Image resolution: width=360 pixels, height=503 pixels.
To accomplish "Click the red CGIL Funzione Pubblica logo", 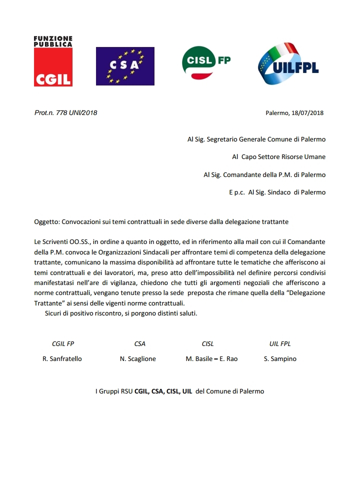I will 53,61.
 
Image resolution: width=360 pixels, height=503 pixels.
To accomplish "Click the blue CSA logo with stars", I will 125,66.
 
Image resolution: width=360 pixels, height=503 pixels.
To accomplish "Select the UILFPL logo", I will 288,64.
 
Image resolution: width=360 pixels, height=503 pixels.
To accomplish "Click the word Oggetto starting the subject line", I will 46,221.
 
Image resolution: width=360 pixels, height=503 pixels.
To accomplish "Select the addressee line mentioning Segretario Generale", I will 256,139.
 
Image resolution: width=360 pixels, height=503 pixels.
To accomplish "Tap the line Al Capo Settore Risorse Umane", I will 278,157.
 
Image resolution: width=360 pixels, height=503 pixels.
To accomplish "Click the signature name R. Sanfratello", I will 62,359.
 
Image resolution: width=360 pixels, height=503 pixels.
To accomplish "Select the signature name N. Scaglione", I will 138,359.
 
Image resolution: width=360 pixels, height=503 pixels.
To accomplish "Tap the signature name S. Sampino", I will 280,359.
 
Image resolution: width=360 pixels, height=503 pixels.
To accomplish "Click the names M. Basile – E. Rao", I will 211,359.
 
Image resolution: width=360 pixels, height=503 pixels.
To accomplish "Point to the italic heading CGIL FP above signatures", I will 63,344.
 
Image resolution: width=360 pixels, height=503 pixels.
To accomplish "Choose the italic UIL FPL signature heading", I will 280,344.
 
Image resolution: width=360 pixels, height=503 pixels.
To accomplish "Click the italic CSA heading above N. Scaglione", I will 140,344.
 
